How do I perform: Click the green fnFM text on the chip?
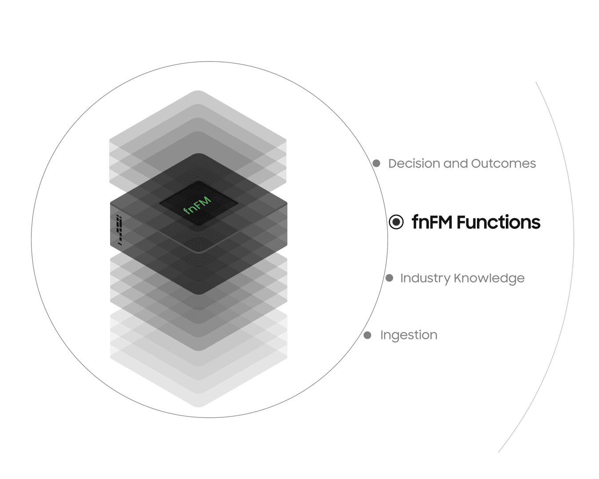198,204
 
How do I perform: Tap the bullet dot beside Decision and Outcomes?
376,163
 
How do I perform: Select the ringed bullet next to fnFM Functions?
396,222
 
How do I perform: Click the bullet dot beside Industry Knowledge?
389,278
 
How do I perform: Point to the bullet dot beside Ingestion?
367,335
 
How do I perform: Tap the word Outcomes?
503,163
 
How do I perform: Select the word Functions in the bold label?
499,222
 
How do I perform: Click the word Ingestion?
409,335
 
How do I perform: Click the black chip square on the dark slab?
198,204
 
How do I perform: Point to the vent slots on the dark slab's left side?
119,230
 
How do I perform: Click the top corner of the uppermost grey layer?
198,92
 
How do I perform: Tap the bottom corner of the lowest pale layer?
198,406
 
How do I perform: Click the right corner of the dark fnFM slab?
286,205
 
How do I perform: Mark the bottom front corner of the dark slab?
198,294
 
